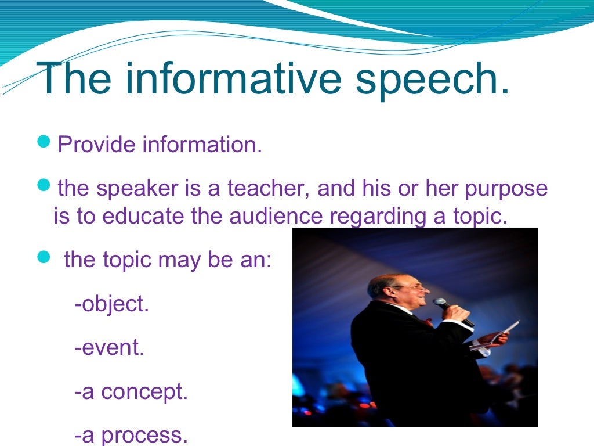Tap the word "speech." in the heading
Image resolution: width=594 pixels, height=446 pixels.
click(x=432, y=80)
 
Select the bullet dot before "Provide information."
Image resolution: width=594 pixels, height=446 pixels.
click(x=45, y=142)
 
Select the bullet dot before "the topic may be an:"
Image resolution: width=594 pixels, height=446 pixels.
click(x=45, y=257)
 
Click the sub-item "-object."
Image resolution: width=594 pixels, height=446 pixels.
click(x=112, y=304)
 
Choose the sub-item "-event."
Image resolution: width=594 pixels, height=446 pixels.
click(x=110, y=348)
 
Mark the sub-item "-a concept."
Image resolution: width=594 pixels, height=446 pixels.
click(x=131, y=392)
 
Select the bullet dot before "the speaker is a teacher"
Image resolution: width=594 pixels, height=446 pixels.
click(x=45, y=185)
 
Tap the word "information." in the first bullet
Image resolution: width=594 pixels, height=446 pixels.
click(x=202, y=145)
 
